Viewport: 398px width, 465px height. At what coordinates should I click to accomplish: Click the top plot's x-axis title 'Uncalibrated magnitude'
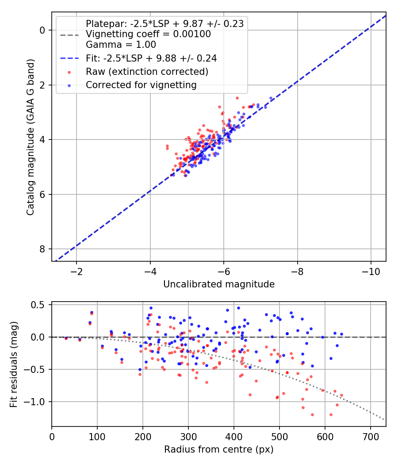pos(219,284)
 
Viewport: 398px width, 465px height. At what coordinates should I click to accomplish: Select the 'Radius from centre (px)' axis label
pos(219,449)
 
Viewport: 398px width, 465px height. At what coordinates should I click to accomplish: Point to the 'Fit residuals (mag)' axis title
pos(14,364)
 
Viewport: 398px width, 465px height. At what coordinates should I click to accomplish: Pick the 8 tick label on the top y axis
pos(42,249)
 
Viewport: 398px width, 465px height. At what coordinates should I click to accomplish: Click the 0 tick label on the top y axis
pos(42,30)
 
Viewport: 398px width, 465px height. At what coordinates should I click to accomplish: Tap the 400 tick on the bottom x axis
pos(233,436)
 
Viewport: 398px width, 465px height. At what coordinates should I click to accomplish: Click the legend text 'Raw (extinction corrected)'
pos(147,72)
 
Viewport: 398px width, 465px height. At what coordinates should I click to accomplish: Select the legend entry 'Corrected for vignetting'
pos(141,85)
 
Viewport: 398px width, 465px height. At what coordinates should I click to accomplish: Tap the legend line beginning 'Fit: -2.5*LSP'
pos(151,58)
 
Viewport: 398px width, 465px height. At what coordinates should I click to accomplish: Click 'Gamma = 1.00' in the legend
pos(121,44)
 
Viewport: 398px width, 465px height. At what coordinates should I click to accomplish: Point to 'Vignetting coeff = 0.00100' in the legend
pos(148,34)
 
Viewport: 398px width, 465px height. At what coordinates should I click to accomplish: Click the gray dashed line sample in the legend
pos(69,34)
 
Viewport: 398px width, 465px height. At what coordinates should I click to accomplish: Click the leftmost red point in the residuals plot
pos(66,338)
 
